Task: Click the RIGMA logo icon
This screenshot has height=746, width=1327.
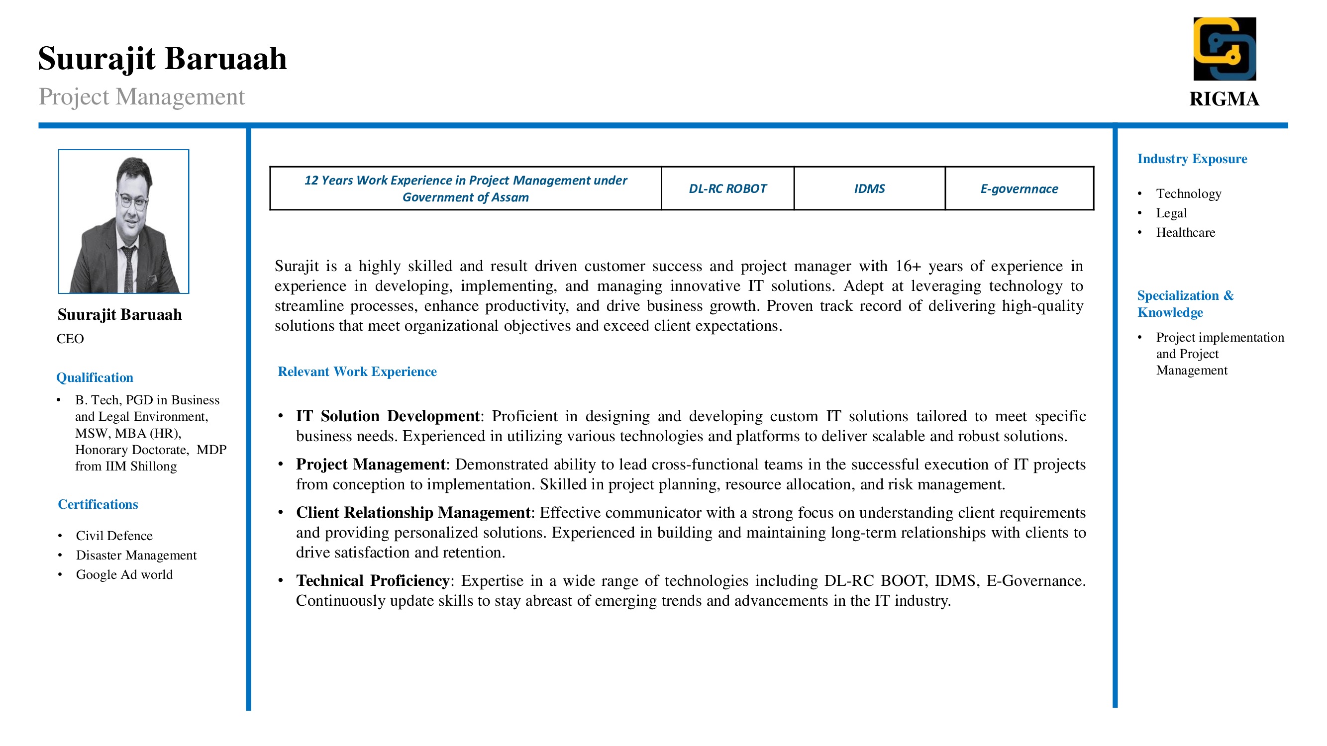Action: [x=1224, y=49]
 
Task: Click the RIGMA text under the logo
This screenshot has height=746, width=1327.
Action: [x=1224, y=99]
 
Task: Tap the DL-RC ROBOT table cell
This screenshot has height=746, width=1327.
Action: [x=727, y=188]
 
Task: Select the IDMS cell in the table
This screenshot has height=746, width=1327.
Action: [x=869, y=188]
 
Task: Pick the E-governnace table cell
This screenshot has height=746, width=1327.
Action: [x=1019, y=188]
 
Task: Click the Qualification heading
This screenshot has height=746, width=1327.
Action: [x=95, y=377]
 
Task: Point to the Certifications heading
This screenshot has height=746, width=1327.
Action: [x=98, y=504]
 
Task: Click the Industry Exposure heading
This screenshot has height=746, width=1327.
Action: [x=1192, y=159]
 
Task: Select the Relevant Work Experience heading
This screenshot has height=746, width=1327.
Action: [x=357, y=371]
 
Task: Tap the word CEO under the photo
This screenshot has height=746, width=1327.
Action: [x=70, y=338]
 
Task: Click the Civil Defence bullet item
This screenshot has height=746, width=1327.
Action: [x=114, y=536]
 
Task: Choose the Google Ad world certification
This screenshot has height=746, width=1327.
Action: [x=124, y=574]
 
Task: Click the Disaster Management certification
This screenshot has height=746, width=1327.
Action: [x=136, y=555]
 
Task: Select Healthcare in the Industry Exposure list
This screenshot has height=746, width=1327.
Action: [x=1185, y=232]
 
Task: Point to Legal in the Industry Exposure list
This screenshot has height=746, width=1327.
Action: [x=1171, y=213]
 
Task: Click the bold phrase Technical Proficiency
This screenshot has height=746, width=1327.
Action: [x=373, y=580]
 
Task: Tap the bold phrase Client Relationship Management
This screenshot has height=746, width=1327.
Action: [x=412, y=512]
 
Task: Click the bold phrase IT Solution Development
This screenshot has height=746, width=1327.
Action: [x=388, y=415]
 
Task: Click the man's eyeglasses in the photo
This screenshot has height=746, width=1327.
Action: [x=132, y=200]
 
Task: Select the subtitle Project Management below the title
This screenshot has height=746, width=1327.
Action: [x=142, y=96]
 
